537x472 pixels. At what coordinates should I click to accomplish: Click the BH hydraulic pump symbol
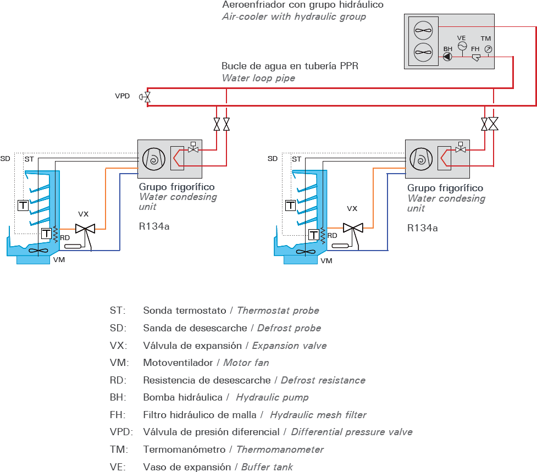pos(448,57)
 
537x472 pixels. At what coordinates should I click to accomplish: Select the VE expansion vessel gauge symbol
pos(462,46)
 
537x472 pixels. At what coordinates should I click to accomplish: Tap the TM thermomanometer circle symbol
pos(487,49)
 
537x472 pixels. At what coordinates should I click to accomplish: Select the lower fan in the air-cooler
pos(422,53)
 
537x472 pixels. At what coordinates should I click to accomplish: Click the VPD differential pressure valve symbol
pos(147,97)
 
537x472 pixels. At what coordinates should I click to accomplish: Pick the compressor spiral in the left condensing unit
pos(153,159)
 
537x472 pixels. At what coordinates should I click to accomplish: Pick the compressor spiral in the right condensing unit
pos(422,159)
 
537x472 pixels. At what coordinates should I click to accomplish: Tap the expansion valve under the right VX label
pos(352,227)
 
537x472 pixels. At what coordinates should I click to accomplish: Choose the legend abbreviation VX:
pos(118,346)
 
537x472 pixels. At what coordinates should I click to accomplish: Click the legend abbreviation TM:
pos(118,449)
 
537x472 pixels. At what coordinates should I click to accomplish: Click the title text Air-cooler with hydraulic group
pos(294,16)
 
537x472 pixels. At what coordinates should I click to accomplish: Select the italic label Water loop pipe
pos(258,78)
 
